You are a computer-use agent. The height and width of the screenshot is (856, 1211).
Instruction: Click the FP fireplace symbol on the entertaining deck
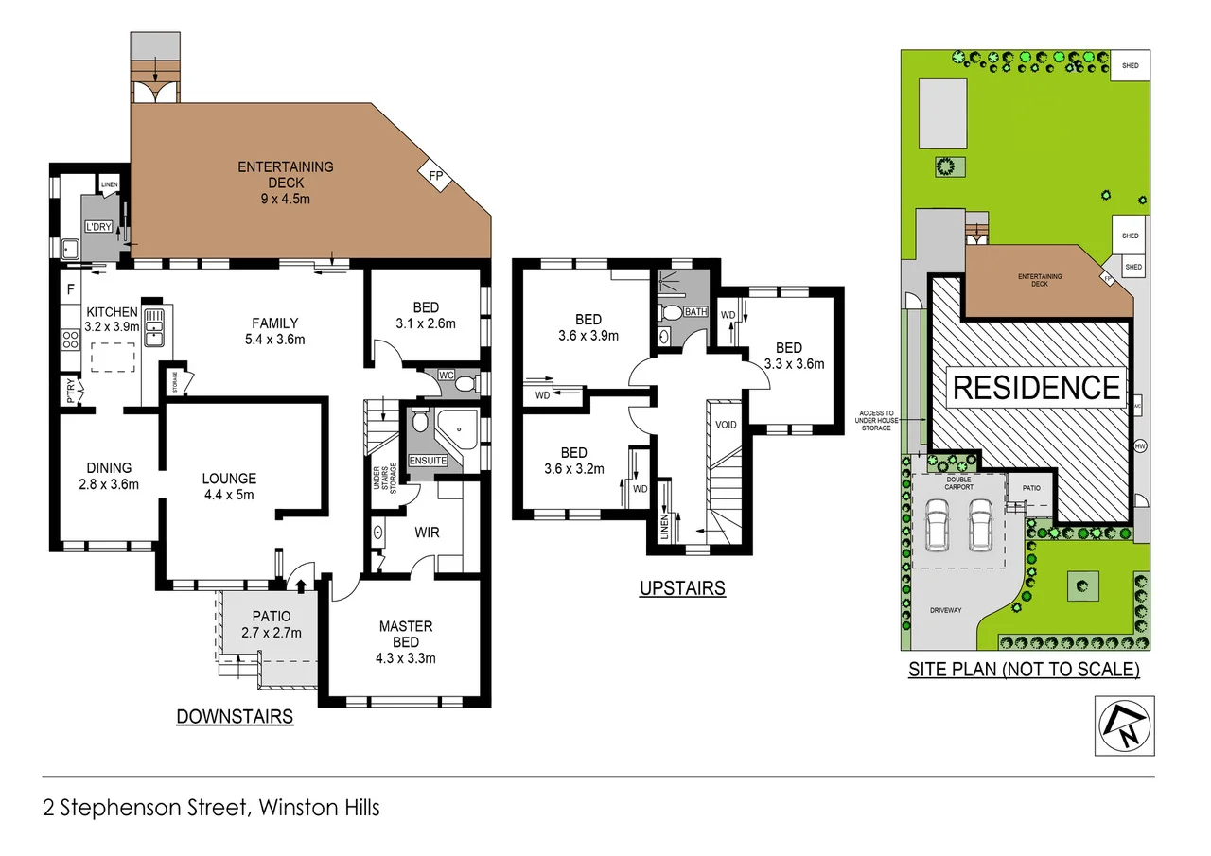tap(436, 177)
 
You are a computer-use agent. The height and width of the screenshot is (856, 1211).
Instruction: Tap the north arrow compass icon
tap(1124, 725)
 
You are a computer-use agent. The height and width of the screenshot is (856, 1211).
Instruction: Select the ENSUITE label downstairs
tap(428, 461)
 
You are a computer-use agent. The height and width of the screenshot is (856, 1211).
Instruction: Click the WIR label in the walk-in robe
tap(427, 533)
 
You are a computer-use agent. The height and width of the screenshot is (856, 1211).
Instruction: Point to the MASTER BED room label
tap(405, 634)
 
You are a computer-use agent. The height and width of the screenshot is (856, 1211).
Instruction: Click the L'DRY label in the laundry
tap(97, 228)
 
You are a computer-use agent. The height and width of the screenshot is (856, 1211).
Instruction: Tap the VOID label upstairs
tap(726, 425)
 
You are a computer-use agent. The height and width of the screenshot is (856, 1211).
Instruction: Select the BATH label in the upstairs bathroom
tap(695, 311)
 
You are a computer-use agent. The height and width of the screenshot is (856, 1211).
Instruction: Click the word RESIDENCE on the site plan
tap(1036, 388)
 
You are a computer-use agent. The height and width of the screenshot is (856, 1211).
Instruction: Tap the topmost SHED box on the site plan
tap(1130, 66)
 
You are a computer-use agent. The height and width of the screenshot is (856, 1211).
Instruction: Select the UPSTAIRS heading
tap(681, 588)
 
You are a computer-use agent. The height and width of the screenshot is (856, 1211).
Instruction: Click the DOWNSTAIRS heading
tap(235, 717)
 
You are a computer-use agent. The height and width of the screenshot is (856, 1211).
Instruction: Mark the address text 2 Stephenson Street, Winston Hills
tap(211, 808)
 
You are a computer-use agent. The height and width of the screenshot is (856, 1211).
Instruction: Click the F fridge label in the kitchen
tap(70, 288)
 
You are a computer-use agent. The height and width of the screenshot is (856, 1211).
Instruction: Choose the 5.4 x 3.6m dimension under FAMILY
tap(275, 339)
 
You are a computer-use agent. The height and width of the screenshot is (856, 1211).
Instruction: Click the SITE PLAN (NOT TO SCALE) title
tap(1024, 670)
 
